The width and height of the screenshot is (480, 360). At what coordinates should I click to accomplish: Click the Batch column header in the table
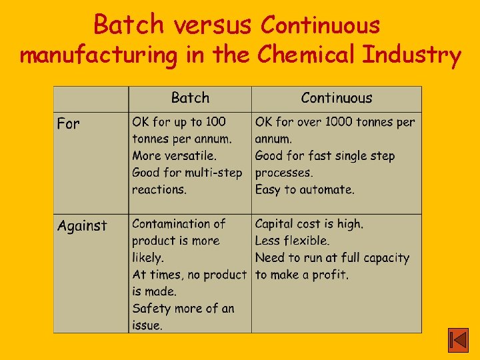190,98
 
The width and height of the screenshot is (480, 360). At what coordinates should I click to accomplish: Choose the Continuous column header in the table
336,98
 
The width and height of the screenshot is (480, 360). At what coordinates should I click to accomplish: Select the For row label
68,124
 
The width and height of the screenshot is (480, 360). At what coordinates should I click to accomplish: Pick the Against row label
82,226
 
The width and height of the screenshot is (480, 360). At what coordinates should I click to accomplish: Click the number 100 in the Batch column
215,122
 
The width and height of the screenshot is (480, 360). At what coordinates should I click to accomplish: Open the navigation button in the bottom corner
458,341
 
